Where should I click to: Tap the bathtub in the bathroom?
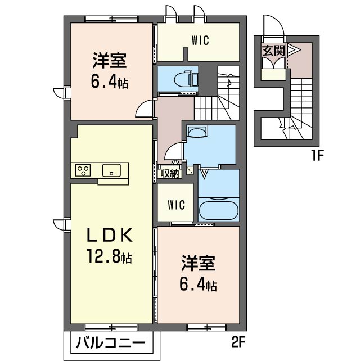pos(219,211)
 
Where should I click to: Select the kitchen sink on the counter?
pos(111,170)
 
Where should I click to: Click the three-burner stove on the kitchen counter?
pos(83,170)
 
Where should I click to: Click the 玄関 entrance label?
pos(273,51)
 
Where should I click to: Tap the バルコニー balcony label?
pos(111,342)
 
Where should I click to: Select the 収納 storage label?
pos(170,173)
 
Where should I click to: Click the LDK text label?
pos(110,235)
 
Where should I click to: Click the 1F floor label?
pos(318,155)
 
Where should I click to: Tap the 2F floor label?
pos(238,342)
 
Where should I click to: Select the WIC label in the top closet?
pos(200,40)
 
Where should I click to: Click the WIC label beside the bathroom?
pos(176,205)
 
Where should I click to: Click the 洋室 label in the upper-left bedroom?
pos(110,61)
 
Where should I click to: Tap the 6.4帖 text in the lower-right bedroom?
pos(198,286)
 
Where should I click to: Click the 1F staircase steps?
pos(300,97)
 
